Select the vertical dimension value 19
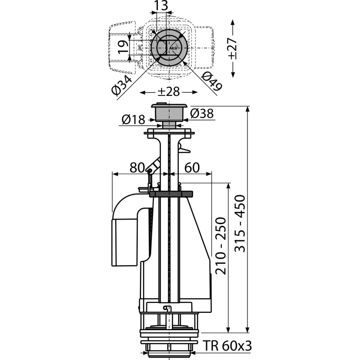[x=123, y=47]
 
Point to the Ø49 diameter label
[x=211, y=81]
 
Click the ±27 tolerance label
[x=233, y=49]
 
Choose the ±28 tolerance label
[x=168, y=92]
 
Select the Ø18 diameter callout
[x=133, y=119]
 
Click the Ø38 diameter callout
[x=202, y=113]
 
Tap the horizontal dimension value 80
[x=137, y=167]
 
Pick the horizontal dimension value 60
[x=192, y=167]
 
